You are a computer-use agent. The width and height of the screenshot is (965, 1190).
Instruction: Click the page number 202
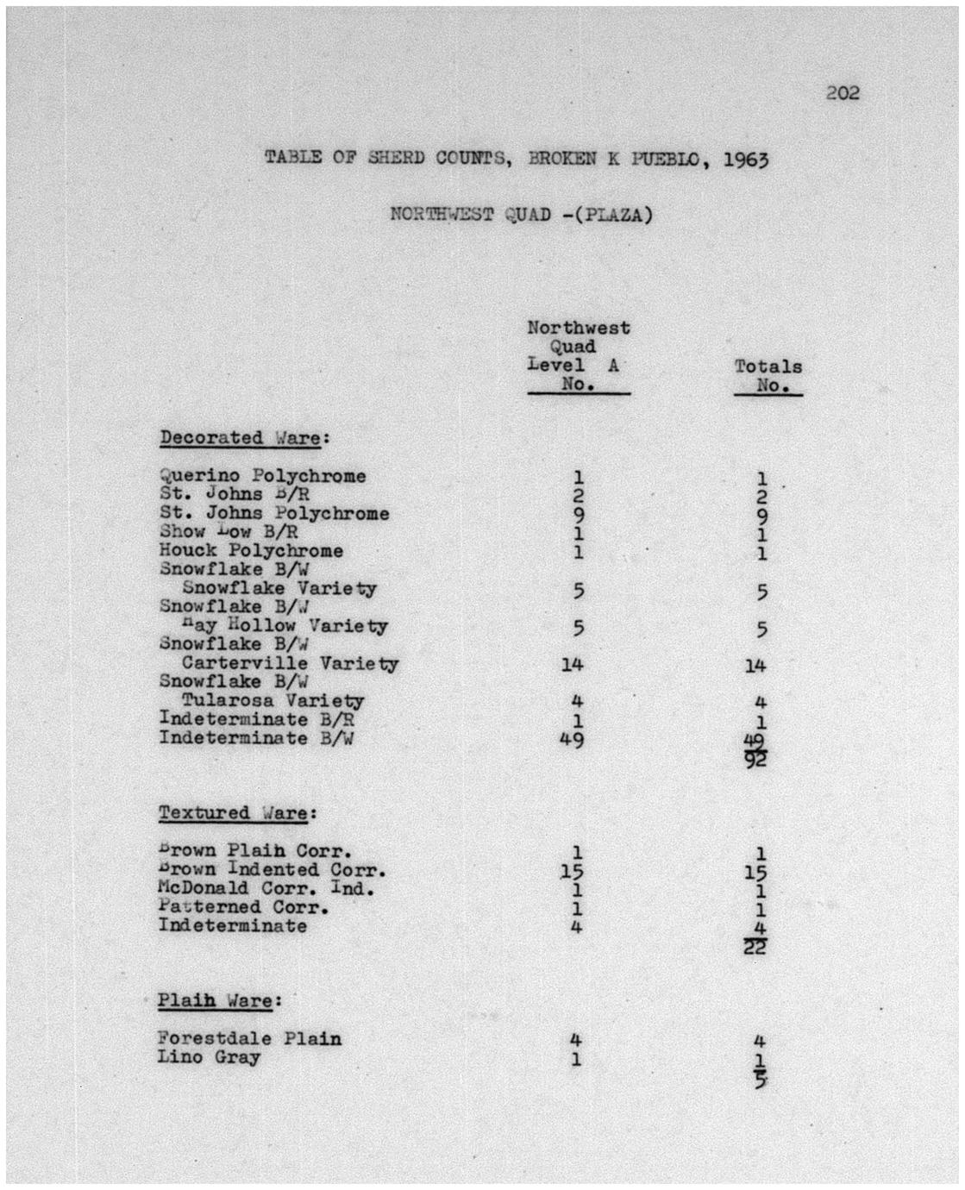(x=842, y=93)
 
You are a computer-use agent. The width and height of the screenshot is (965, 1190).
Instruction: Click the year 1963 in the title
(x=744, y=160)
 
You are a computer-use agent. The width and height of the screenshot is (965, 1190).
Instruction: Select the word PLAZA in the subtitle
(x=614, y=215)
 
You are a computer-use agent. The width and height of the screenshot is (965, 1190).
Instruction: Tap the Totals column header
(x=768, y=366)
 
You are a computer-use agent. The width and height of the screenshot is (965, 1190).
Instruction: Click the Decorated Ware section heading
(x=240, y=437)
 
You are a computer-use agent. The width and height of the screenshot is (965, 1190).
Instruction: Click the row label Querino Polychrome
(x=262, y=476)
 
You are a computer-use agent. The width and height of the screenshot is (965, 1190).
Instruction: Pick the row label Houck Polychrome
(x=251, y=550)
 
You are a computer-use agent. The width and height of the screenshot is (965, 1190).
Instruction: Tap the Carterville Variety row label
(x=290, y=664)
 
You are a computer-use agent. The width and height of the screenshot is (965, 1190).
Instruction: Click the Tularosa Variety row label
(x=273, y=701)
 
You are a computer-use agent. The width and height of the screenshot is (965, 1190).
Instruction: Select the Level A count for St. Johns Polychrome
(x=579, y=515)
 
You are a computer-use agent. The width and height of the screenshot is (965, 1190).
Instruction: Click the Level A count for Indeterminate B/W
(x=572, y=739)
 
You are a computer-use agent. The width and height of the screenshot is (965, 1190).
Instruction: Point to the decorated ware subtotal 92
(x=756, y=761)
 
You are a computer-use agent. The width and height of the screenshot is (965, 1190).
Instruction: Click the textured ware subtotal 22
(x=755, y=949)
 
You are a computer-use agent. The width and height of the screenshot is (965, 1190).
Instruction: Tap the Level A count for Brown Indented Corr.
(x=572, y=872)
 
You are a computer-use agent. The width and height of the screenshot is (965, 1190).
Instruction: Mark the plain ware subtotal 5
(x=760, y=1079)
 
